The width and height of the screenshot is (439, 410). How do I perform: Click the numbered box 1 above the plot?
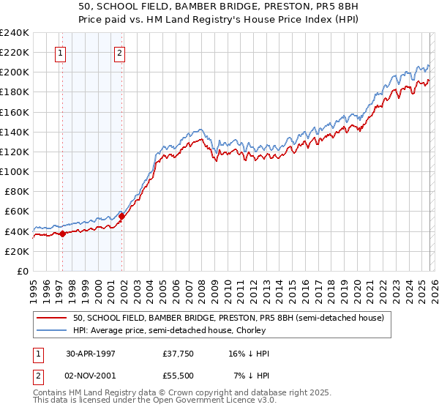(59, 52)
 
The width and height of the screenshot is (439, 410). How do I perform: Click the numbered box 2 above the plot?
(119, 52)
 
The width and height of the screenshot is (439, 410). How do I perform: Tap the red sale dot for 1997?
(63, 234)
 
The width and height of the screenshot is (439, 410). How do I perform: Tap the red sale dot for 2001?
(121, 216)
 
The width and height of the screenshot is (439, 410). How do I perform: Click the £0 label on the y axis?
(22, 271)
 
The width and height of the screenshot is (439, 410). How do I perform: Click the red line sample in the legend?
(52, 318)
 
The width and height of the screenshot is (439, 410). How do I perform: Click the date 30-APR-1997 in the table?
(91, 354)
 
